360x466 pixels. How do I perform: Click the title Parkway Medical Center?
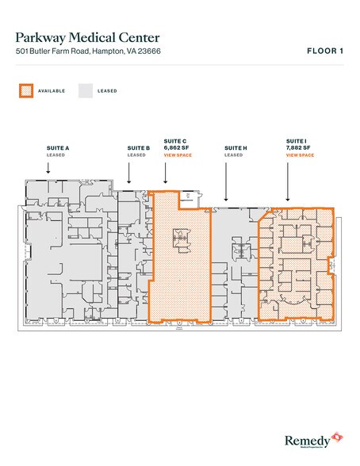[87, 37]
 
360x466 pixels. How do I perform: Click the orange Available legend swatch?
[26, 90]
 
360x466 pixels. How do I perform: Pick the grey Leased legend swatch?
[84, 90]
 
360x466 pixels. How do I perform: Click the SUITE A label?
[56, 148]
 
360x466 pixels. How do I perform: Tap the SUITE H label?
[236, 148]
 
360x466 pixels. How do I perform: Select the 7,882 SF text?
[298, 148]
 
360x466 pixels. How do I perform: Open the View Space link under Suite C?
[176, 155]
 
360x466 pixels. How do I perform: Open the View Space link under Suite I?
[300, 155]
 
